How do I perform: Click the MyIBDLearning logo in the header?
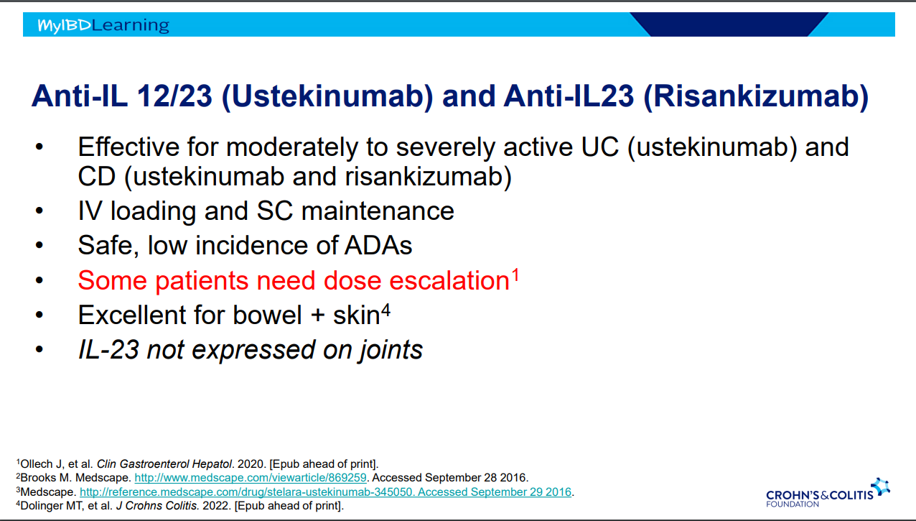coord(103,25)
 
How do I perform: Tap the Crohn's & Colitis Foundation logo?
coord(828,493)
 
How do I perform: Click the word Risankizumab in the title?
coord(756,96)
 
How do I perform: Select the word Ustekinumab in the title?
coord(327,96)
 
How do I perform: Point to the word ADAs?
coord(378,246)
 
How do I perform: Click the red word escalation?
coord(449,280)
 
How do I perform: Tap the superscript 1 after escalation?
coord(515,275)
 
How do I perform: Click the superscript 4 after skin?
coord(385,310)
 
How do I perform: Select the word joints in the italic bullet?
coord(391,351)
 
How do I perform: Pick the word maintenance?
coord(378,211)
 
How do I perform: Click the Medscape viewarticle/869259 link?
coord(251,478)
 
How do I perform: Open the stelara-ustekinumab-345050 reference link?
coord(325,492)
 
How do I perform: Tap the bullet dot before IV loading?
coord(39,211)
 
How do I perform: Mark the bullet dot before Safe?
coord(39,246)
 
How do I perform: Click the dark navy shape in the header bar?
coord(729,24)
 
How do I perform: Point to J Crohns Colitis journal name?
coord(157,506)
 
